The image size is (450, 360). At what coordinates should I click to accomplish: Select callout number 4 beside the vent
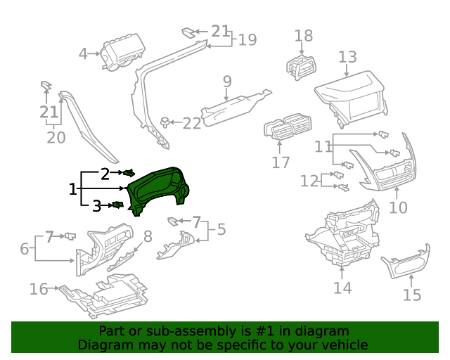pyautogui.click(x=83, y=54)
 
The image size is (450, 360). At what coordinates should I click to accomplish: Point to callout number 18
pyautogui.click(x=304, y=36)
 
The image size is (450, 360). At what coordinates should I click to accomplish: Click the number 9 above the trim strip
pyautogui.click(x=227, y=82)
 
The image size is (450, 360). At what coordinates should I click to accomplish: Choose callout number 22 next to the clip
pyautogui.click(x=192, y=124)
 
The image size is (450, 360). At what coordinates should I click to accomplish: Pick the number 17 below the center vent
pyautogui.click(x=281, y=164)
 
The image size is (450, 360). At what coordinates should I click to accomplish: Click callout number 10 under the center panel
pyautogui.click(x=398, y=208)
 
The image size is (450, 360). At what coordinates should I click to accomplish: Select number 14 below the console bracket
pyautogui.click(x=342, y=288)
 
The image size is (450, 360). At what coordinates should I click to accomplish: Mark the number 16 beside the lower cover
pyautogui.click(x=39, y=289)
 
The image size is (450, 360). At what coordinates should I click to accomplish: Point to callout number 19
pyautogui.click(x=247, y=40)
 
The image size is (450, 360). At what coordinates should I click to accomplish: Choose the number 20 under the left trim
pyautogui.click(x=56, y=137)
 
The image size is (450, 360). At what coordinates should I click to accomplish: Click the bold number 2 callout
pyautogui.click(x=105, y=174)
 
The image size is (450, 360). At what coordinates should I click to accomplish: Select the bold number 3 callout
pyautogui.click(x=96, y=206)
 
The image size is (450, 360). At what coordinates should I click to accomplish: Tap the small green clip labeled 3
pyautogui.click(x=117, y=205)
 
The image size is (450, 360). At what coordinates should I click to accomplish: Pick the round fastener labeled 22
pyautogui.click(x=165, y=122)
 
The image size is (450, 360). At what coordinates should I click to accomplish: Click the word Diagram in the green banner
pyautogui.click(x=104, y=345)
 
